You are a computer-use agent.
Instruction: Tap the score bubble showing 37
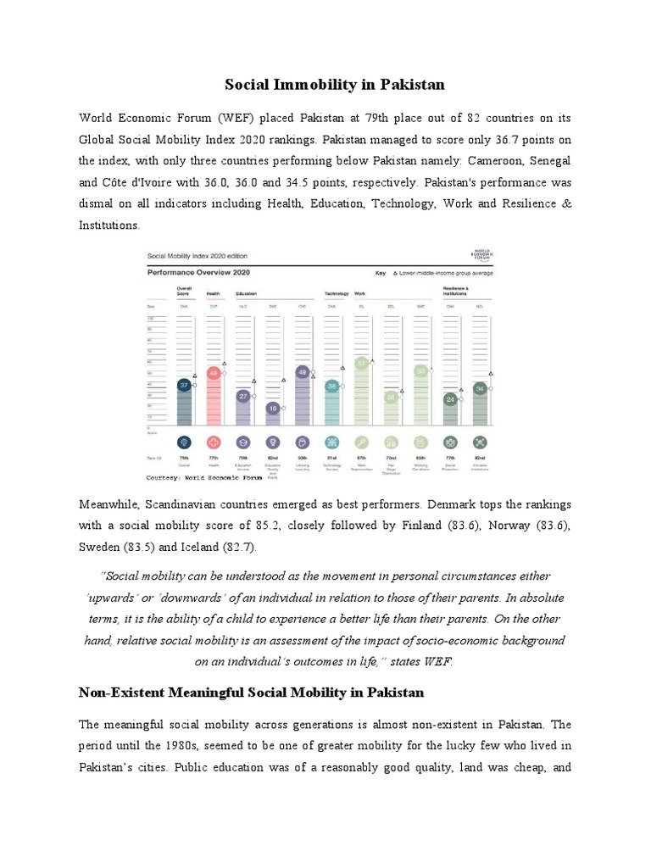click(183, 385)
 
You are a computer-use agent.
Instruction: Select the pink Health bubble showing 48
click(214, 373)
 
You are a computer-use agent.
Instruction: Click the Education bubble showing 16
click(273, 408)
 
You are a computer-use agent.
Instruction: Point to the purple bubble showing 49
click(303, 371)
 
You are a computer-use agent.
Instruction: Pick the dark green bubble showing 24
click(451, 398)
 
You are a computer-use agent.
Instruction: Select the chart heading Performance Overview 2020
click(198, 273)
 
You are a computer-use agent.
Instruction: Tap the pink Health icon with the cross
click(214, 442)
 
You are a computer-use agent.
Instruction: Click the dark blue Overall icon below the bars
click(183, 442)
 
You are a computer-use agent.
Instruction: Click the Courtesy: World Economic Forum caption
click(206, 476)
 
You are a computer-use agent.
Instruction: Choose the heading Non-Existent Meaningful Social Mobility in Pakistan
click(251, 693)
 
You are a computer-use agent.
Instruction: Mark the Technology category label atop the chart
click(337, 292)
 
